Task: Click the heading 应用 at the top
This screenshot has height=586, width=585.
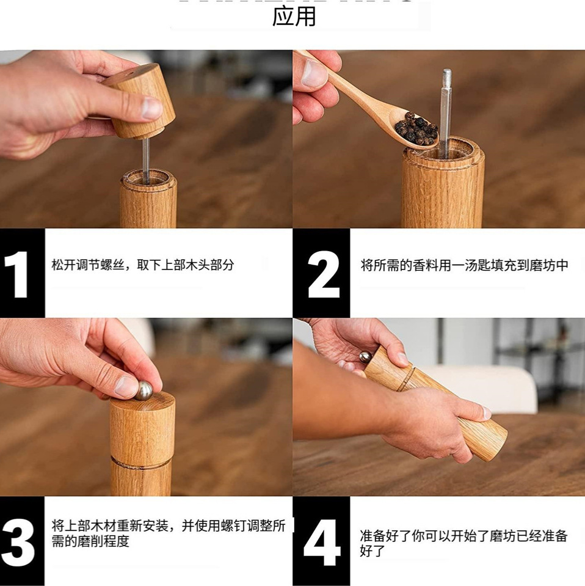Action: pos(294,16)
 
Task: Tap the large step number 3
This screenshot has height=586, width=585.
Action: pos(18,541)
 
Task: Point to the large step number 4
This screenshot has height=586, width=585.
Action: pos(322,541)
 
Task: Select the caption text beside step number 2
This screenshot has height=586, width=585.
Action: pos(464,265)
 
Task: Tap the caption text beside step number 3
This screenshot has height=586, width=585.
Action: pos(168,533)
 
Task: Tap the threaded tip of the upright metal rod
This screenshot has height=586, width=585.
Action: pos(447,78)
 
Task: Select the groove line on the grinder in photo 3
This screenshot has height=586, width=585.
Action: pos(141,463)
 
